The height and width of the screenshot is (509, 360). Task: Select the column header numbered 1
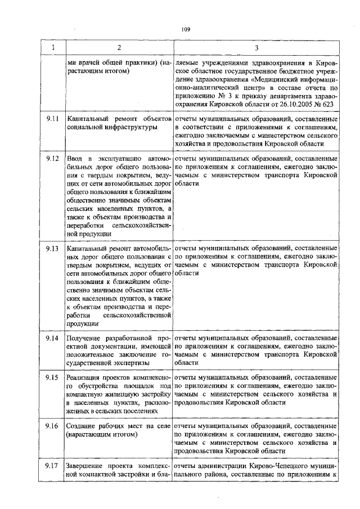coord(53,48)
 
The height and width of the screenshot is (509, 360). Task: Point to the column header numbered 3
coord(256,48)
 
